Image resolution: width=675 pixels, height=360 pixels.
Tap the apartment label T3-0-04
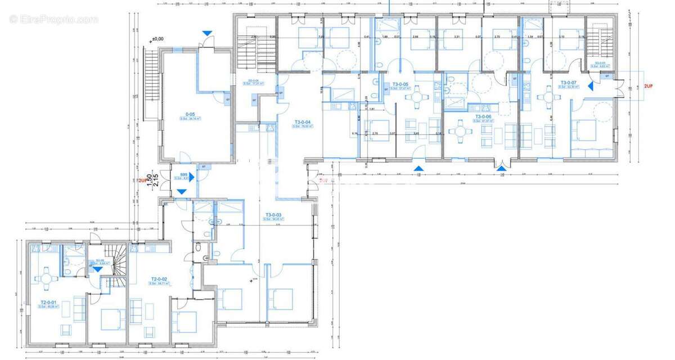[303, 122]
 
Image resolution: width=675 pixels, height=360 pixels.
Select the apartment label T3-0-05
[400, 84]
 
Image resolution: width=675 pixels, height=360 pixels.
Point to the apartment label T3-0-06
[483, 116]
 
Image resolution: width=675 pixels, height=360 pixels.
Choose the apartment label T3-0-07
[569, 83]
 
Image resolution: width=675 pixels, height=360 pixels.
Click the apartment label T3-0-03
[273, 215]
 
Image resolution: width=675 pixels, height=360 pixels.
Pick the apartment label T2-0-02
[160, 279]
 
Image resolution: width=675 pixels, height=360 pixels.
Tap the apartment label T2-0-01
[49, 302]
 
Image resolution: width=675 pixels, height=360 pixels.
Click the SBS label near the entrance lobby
[183, 174]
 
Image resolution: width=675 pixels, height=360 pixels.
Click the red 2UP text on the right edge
[648, 87]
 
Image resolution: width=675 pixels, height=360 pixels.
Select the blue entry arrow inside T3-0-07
[591, 86]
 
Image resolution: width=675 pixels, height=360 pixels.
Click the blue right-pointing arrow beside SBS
[192, 177]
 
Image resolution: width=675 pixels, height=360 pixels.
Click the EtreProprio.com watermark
[53, 20]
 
